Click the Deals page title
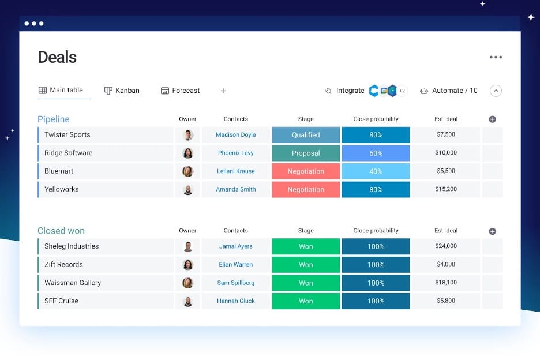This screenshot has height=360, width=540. (57, 57)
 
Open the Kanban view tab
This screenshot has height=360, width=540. (122, 91)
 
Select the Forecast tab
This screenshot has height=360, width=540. (180, 91)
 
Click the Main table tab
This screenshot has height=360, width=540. (61, 90)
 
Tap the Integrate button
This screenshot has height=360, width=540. (344, 91)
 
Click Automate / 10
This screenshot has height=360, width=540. (449, 91)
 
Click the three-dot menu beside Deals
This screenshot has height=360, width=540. (496, 57)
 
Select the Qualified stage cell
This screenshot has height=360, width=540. (306, 135)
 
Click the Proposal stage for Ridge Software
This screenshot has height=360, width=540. (306, 153)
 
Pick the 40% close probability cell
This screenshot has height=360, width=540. (376, 171)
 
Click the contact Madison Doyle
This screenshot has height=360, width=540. (235, 135)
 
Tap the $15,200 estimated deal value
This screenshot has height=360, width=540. (446, 189)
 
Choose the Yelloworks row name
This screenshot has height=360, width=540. (62, 189)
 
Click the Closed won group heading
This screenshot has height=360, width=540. (61, 231)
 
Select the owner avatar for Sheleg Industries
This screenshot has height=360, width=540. (187, 246)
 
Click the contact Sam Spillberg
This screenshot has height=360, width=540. (235, 283)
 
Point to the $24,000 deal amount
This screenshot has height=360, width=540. (446, 246)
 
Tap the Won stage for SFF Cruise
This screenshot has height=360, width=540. (306, 301)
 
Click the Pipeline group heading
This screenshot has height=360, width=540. (54, 119)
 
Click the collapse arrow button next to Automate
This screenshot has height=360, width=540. (496, 91)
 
